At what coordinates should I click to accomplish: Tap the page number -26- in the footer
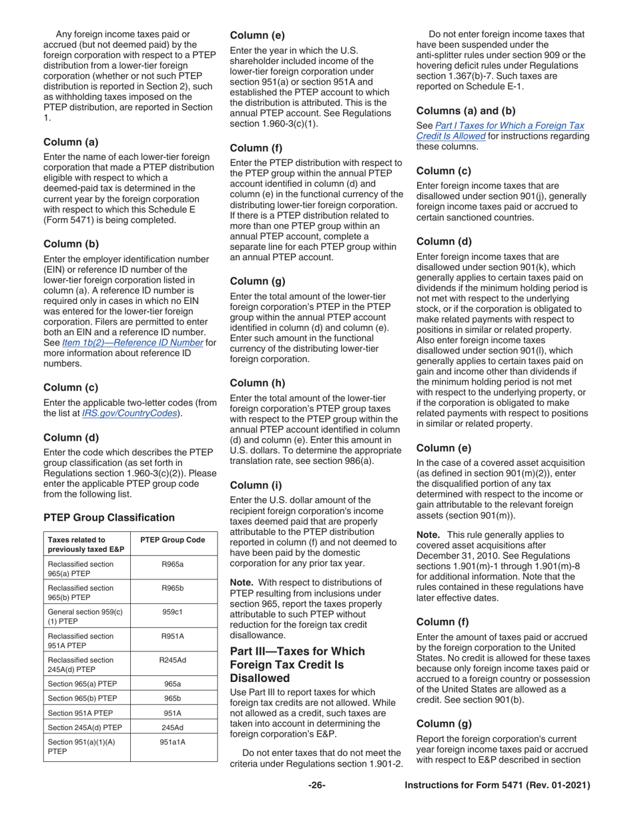coord(316,786)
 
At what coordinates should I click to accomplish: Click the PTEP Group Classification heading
coord(109,517)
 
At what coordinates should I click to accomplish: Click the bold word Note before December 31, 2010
coord(427,534)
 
